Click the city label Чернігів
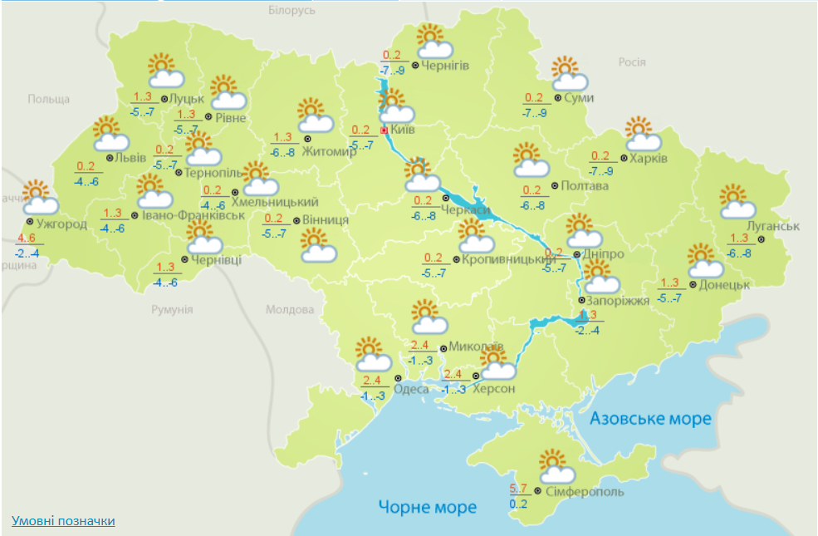coord(446,66)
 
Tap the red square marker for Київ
coord(384,130)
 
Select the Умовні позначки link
coord(63,520)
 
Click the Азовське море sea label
coord(650,418)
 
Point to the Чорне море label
coord(428,506)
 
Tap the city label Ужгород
coord(61,224)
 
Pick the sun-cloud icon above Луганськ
coord(737,202)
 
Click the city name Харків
coord(649,158)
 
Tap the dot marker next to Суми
coord(556,98)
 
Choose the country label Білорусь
coord(292,11)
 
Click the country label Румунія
coord(172,309)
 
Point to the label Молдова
coord(290,309)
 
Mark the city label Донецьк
coord(724,283)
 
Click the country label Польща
coord(49,99)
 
